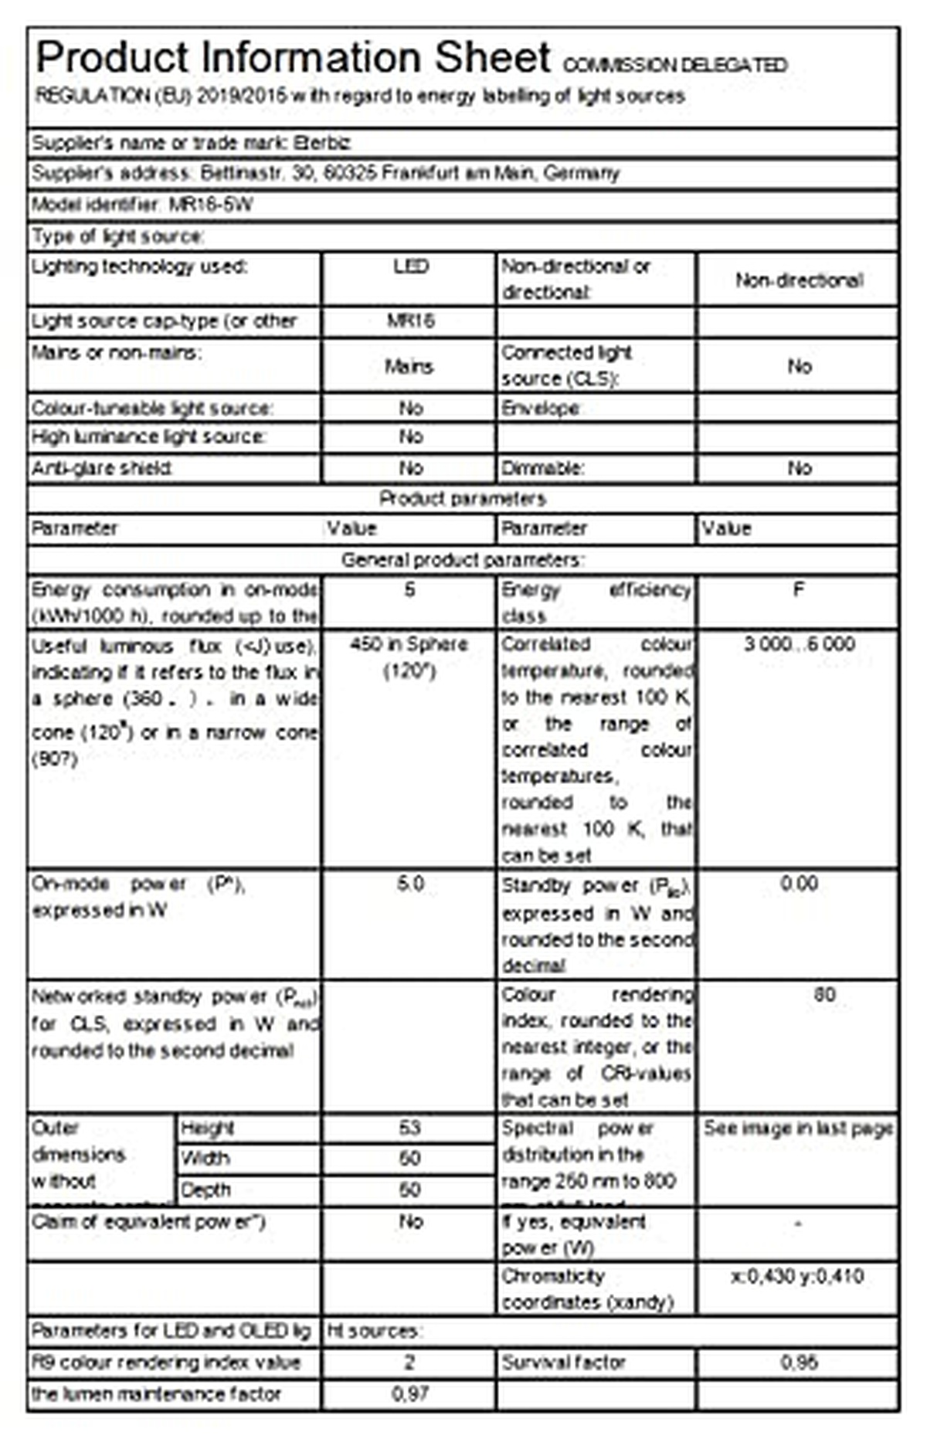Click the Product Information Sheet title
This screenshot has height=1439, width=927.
tap(294, 59)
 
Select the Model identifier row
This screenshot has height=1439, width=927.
tap(143, 205)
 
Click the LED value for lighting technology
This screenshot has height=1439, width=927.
tap(409, 267)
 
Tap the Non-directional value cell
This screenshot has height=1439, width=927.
tap(799, 280)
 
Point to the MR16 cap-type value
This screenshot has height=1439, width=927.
tap(409, 321)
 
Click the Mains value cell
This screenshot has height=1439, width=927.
tap(409, 366)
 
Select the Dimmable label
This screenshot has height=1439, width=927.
tap(542, 469)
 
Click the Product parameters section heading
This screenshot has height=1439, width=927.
tap(463, 499)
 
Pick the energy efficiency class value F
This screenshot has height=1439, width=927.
tap(799, 591)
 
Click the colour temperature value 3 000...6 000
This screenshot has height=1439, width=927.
tap(799, 644)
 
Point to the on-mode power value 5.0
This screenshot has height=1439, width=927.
tap(409, 884)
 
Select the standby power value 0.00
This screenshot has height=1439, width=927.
tap(799, 884)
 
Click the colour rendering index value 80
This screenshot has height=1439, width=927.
tap(824, 995)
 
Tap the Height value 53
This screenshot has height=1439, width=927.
tap(409, 1128)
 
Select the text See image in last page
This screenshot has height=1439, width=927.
tap(799, 1128)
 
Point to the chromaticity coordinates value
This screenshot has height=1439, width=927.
tap(797, 1276)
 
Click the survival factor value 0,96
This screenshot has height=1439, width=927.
tap(799, 1363)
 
